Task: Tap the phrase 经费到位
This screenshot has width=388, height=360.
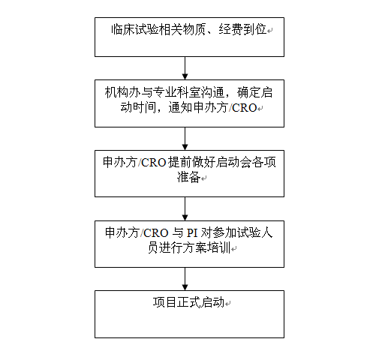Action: [242, 29]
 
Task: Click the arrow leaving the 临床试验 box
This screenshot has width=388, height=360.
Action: [185, 68]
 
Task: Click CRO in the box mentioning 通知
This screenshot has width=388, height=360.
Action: [245, 108]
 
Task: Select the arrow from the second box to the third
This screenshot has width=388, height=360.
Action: [185, 139]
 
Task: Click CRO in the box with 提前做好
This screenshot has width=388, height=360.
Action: [154, 163]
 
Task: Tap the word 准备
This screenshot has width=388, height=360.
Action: [189, 177]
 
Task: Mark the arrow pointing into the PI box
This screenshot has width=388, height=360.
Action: [185, 208]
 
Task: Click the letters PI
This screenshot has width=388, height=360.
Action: [192, 233]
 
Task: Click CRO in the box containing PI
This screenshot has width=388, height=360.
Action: [156, 233]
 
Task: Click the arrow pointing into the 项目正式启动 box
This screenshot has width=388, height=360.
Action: [185, 279]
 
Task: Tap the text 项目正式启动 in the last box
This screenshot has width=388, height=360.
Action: [188, 302]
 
